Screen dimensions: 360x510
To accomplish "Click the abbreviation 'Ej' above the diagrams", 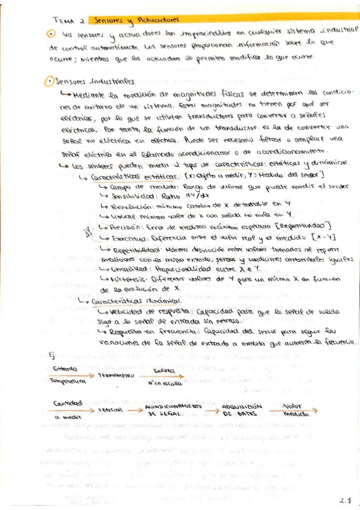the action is (52, 355).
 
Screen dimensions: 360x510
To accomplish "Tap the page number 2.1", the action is (344, 499).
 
